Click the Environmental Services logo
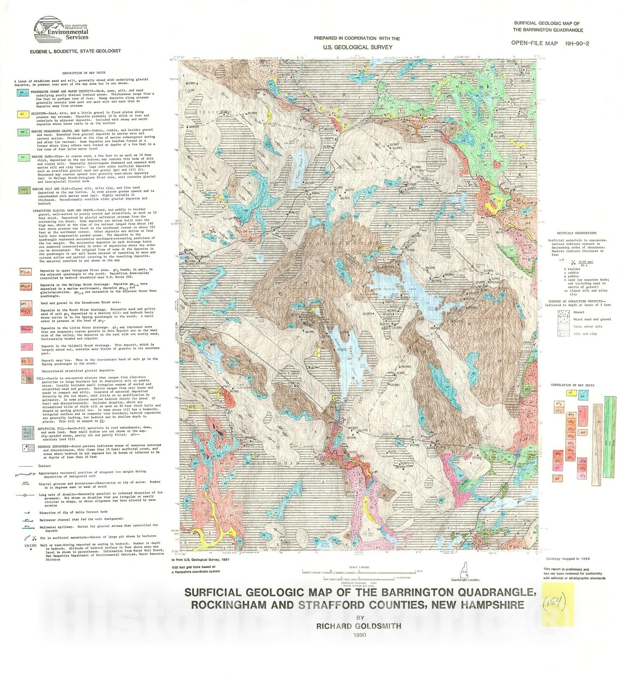coord(61,29)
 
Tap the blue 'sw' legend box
coord(23,93)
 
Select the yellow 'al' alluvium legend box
coord(23,114)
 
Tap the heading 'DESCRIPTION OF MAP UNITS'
coord(83,73)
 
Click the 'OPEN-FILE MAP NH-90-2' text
coord(550,43)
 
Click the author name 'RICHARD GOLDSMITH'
coord(359,626)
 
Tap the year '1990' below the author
coord(360,635)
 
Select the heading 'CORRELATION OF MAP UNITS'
coord(572,385)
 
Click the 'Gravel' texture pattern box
coord(564,313)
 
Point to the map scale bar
coord(359,572)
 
